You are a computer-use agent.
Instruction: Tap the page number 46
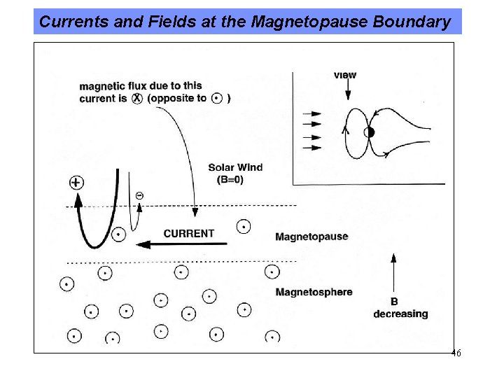point(456,353)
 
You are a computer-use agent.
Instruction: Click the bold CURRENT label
point(189,233)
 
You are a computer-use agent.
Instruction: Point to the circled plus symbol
point(76,183)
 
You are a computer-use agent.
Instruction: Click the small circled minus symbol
point(139,195)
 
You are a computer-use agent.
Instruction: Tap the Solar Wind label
point(235,167)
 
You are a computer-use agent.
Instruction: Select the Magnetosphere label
point(314,292)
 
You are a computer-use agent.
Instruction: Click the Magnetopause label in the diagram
point(311,237)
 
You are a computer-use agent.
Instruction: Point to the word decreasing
point(400,314)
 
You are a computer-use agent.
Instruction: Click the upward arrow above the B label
point(394,273)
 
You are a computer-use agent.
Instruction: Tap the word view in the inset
point(345,75)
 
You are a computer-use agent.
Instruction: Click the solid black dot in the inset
point(370,132)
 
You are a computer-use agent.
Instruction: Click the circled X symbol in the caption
point(136,99)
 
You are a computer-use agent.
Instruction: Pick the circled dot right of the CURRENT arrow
point(244,226)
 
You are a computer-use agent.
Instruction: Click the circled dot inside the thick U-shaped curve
point(119,234)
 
